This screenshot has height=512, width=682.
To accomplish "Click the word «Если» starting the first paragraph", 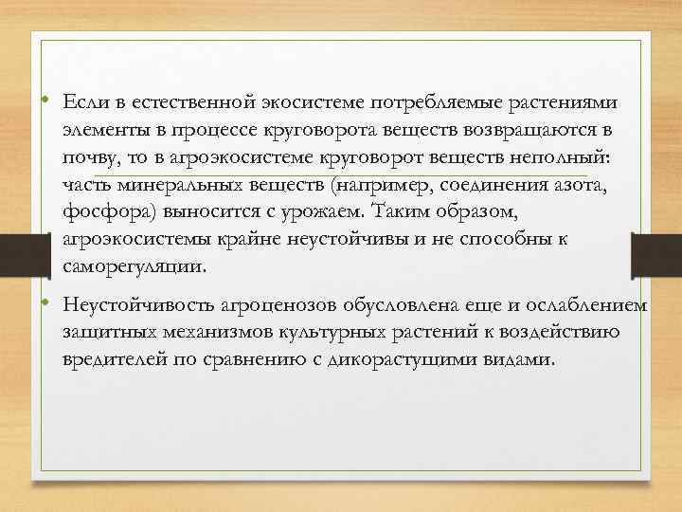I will click(81, 101).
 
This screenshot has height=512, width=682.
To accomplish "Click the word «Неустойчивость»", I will click(135, 306).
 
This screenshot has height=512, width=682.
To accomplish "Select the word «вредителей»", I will click(116, 361).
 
